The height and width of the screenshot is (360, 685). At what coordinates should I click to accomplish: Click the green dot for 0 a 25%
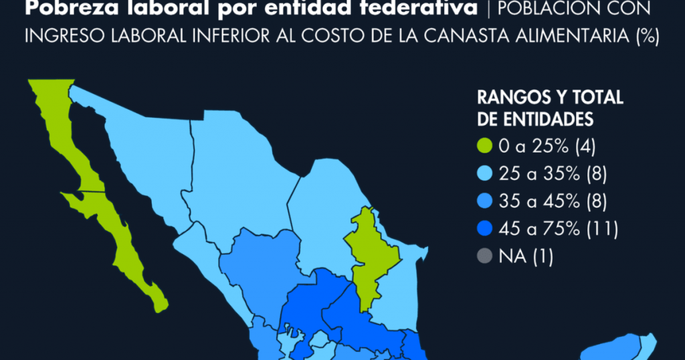(x=484, y=146)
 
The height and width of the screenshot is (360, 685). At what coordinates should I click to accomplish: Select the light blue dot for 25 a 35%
(x=484, y=174)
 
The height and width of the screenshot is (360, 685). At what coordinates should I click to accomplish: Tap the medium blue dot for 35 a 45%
(x=484, y=201)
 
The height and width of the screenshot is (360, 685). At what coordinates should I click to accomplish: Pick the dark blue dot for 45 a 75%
(x=484, y=228)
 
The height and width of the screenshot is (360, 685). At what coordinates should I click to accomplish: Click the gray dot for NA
(x=484, y=256)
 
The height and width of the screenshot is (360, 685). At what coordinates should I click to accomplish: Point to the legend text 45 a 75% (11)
(x=559, y=228)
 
